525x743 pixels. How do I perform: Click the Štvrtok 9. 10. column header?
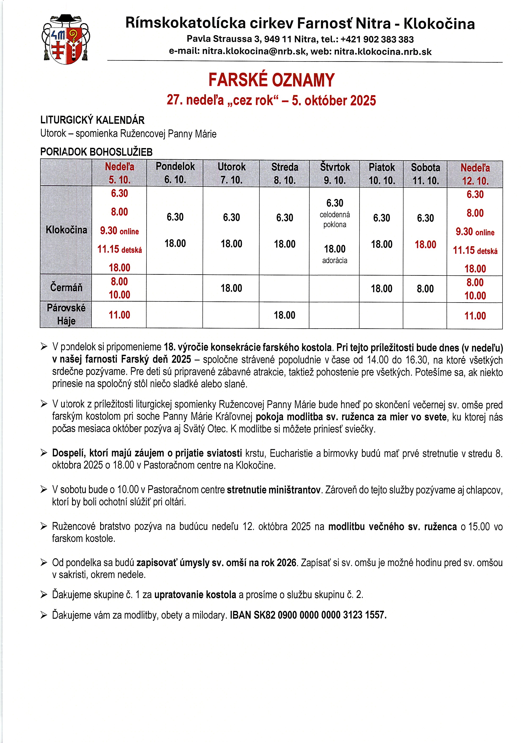click(335, 173)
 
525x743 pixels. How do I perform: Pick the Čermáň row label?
click(66, 287)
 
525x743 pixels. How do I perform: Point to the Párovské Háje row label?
click(66, 314)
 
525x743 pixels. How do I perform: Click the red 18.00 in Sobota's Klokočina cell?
click(425, 244)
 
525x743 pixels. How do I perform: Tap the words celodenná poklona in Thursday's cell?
click(335, 219)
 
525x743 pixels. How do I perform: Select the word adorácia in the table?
click(335, 261)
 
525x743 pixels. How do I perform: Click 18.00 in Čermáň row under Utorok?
click(231, 288)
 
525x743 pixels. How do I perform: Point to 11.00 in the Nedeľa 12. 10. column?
click(475, 316)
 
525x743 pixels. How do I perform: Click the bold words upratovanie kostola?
click(195, 595)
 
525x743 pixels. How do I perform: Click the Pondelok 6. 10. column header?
click(175, 173)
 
